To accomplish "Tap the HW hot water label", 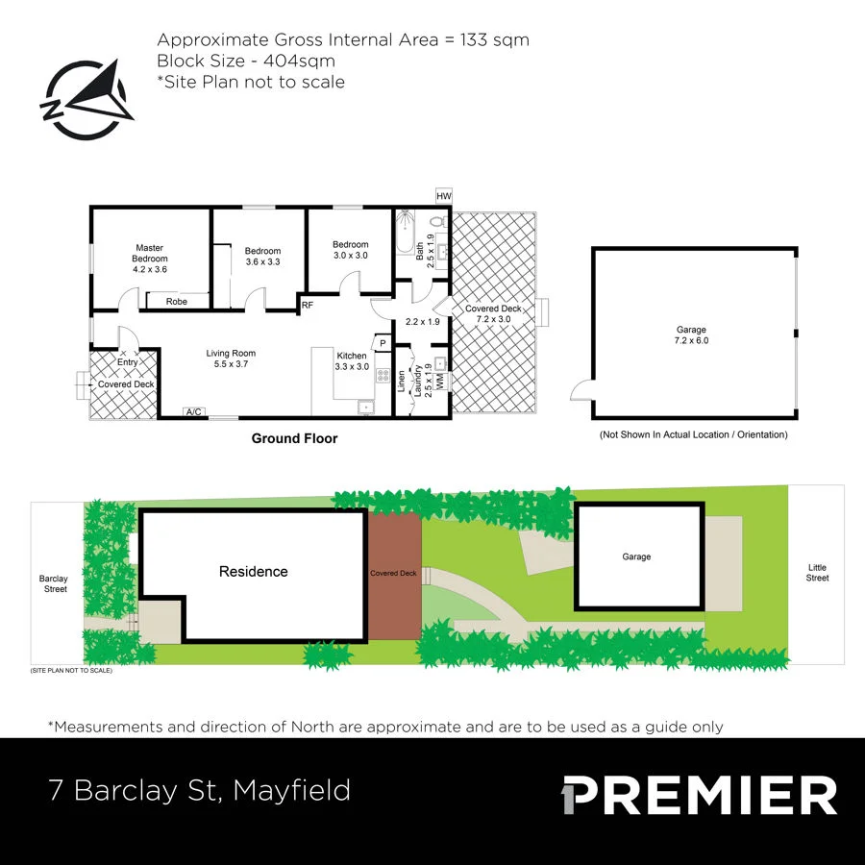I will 443,196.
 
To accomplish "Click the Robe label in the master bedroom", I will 176,302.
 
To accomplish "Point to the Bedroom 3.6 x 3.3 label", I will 262,256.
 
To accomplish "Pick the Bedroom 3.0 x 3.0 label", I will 350,250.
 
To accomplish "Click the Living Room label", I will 231,358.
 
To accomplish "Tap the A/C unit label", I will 194,412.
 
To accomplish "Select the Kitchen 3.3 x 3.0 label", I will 352,360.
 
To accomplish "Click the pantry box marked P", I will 382,343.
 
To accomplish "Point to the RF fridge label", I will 308,306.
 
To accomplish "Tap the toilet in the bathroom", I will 437,223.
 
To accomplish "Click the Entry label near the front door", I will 128,362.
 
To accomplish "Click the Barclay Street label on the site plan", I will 54,583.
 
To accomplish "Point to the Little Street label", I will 817,573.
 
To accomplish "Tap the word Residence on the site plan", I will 253,572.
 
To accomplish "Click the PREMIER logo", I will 699,796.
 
